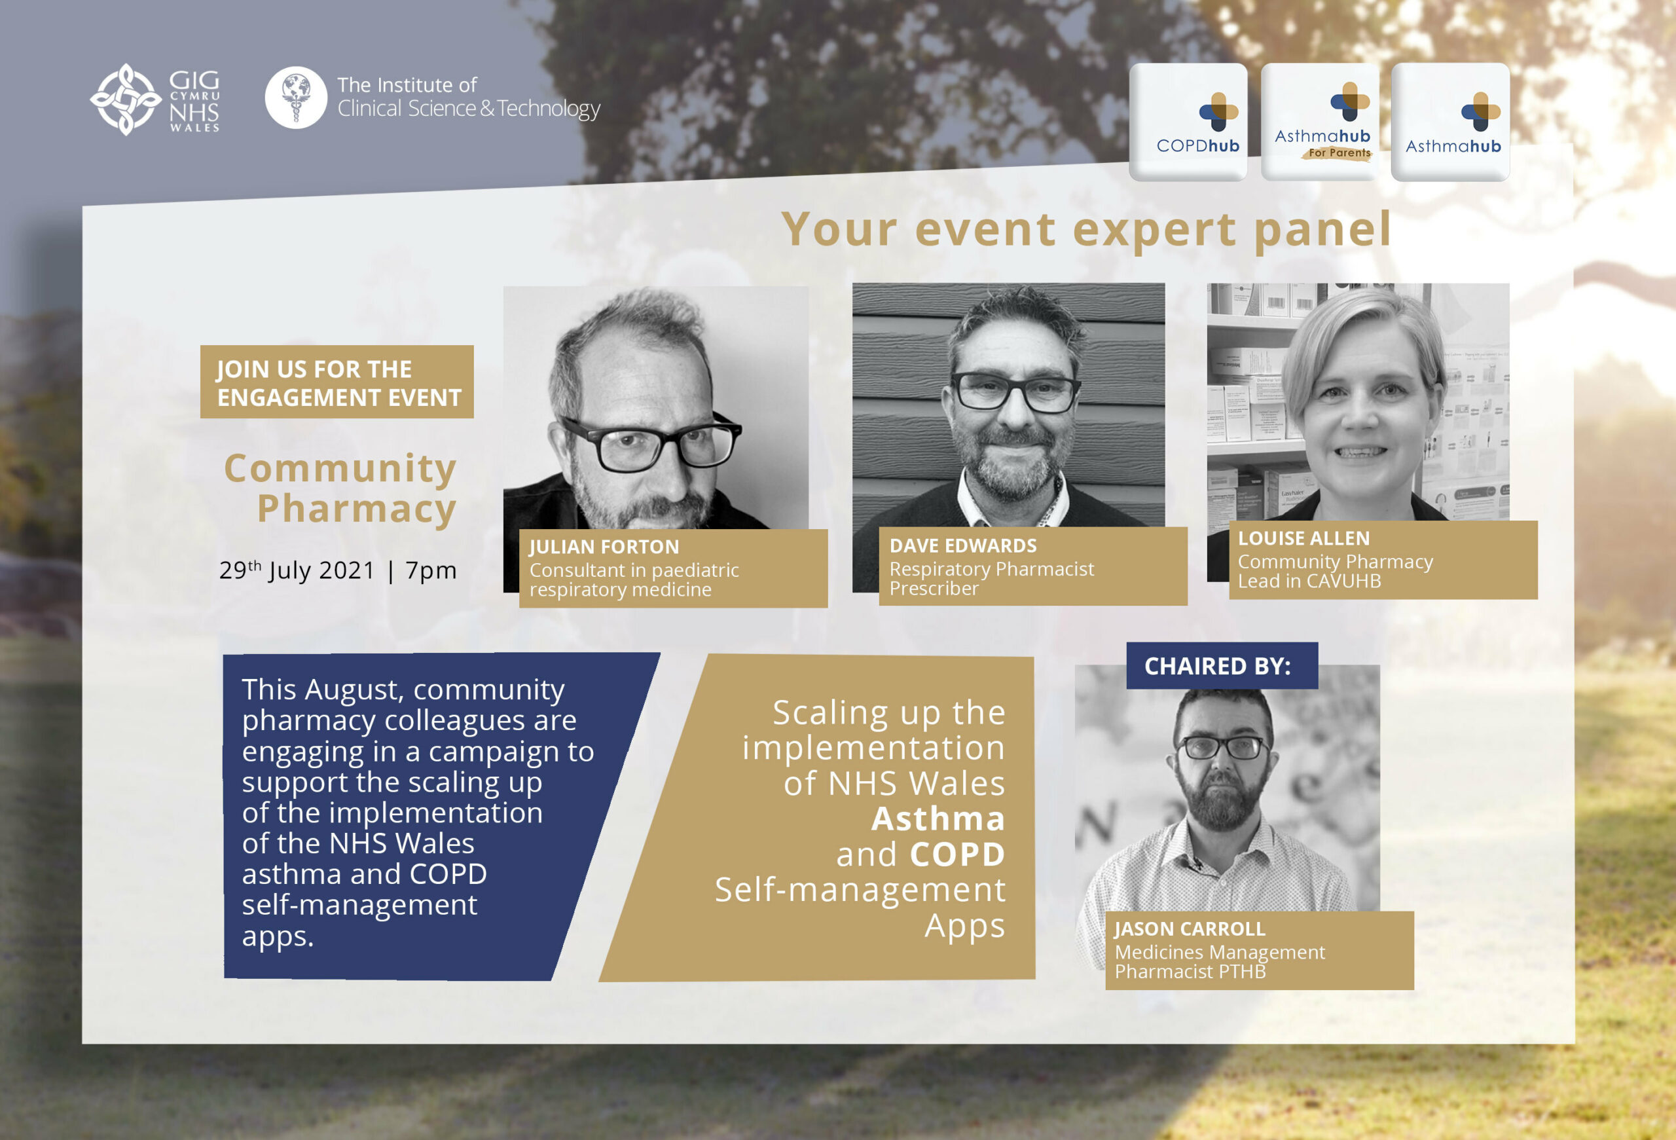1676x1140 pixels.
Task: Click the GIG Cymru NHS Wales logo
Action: (155, 100)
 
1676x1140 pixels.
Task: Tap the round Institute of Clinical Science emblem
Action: (296, 98)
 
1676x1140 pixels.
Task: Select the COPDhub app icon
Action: (1188, 122)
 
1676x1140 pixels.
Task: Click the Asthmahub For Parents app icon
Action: (1320, 122)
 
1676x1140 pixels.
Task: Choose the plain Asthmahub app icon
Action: (1450, 122)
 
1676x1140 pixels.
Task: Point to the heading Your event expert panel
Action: (1086, 229)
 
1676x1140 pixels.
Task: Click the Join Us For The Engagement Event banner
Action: (337, 382)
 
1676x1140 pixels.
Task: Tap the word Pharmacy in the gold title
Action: (356, 509)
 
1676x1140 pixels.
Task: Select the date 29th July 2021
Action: (297, 570)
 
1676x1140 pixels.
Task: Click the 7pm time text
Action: (431, 571)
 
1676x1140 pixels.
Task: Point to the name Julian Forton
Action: (604, 547)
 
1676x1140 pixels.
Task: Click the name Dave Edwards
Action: (964, 546)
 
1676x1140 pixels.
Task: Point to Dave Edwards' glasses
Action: (1015, 392)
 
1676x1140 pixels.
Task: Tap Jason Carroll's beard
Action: (1222, 797)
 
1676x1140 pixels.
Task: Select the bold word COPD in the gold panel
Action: (957, 855)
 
